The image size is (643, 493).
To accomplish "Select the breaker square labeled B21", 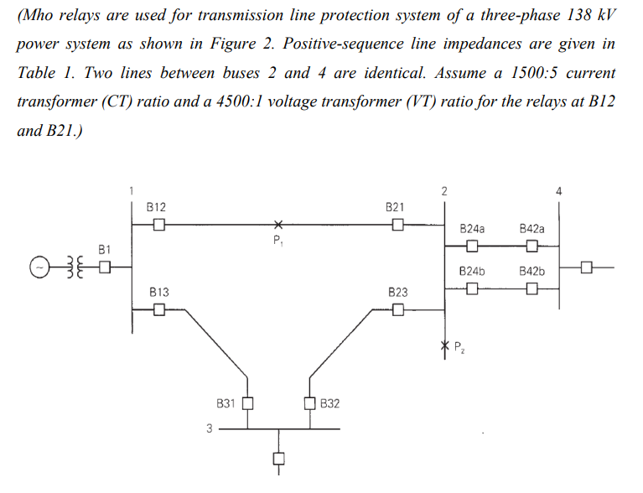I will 398,225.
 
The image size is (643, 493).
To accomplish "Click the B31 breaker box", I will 247,403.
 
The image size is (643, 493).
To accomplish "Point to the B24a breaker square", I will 472,246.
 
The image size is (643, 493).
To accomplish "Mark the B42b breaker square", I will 532,290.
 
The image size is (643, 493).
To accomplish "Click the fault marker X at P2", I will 444,345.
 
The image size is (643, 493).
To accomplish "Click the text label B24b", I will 473,272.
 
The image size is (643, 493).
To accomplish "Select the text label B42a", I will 532,228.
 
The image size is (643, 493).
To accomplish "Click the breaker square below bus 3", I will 278,459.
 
